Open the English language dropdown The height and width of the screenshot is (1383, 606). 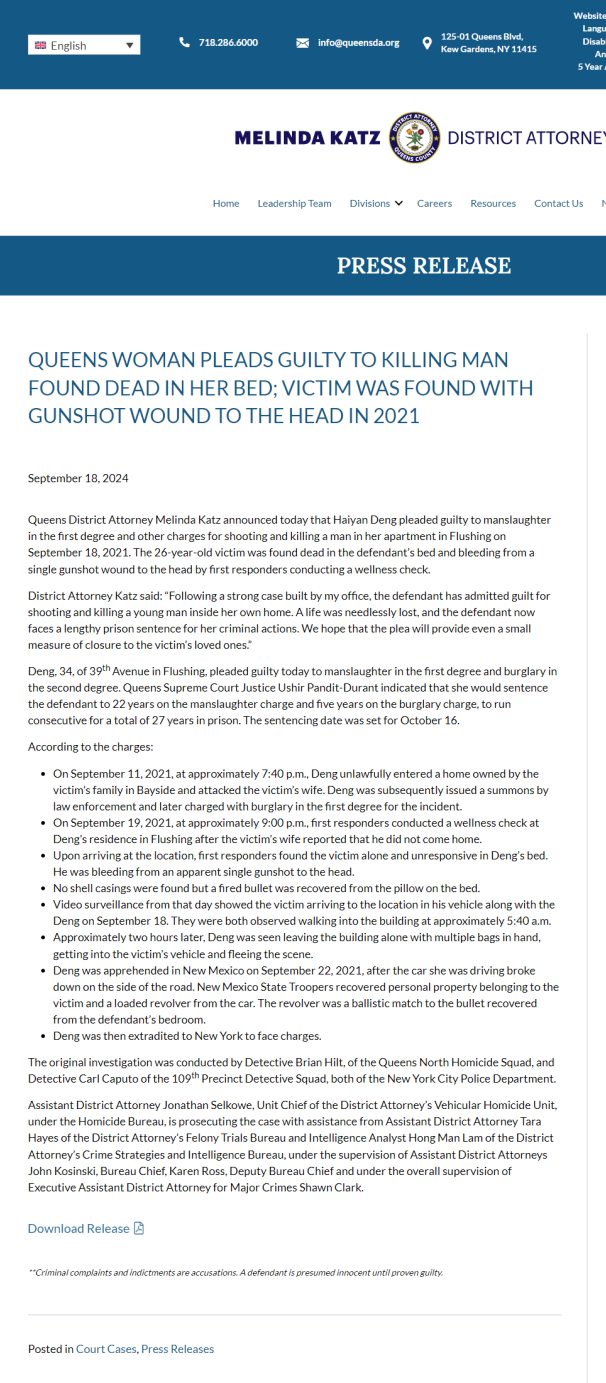84,45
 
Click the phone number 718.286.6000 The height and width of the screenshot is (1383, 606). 228,42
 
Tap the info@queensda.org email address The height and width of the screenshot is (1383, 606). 358,43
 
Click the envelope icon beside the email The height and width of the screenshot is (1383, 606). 302,43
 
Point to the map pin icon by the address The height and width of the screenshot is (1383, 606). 427,43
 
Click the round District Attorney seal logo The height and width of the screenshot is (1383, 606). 414,137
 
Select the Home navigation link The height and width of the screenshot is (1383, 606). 226,203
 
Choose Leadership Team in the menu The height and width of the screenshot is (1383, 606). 294,203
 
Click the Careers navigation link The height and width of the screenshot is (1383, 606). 434,203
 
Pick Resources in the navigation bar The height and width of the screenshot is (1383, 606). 493,203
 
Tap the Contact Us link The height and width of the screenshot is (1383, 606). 558,203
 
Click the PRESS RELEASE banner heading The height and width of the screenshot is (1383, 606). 423,265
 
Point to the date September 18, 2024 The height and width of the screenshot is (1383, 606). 78,478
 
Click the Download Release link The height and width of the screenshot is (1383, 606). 79,1228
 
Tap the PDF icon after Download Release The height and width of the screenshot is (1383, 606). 139,1228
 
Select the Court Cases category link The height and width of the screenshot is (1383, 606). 106,1349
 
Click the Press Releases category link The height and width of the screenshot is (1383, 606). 177,1349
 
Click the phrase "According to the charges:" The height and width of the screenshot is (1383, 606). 90,747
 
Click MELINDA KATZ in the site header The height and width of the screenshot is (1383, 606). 307,138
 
